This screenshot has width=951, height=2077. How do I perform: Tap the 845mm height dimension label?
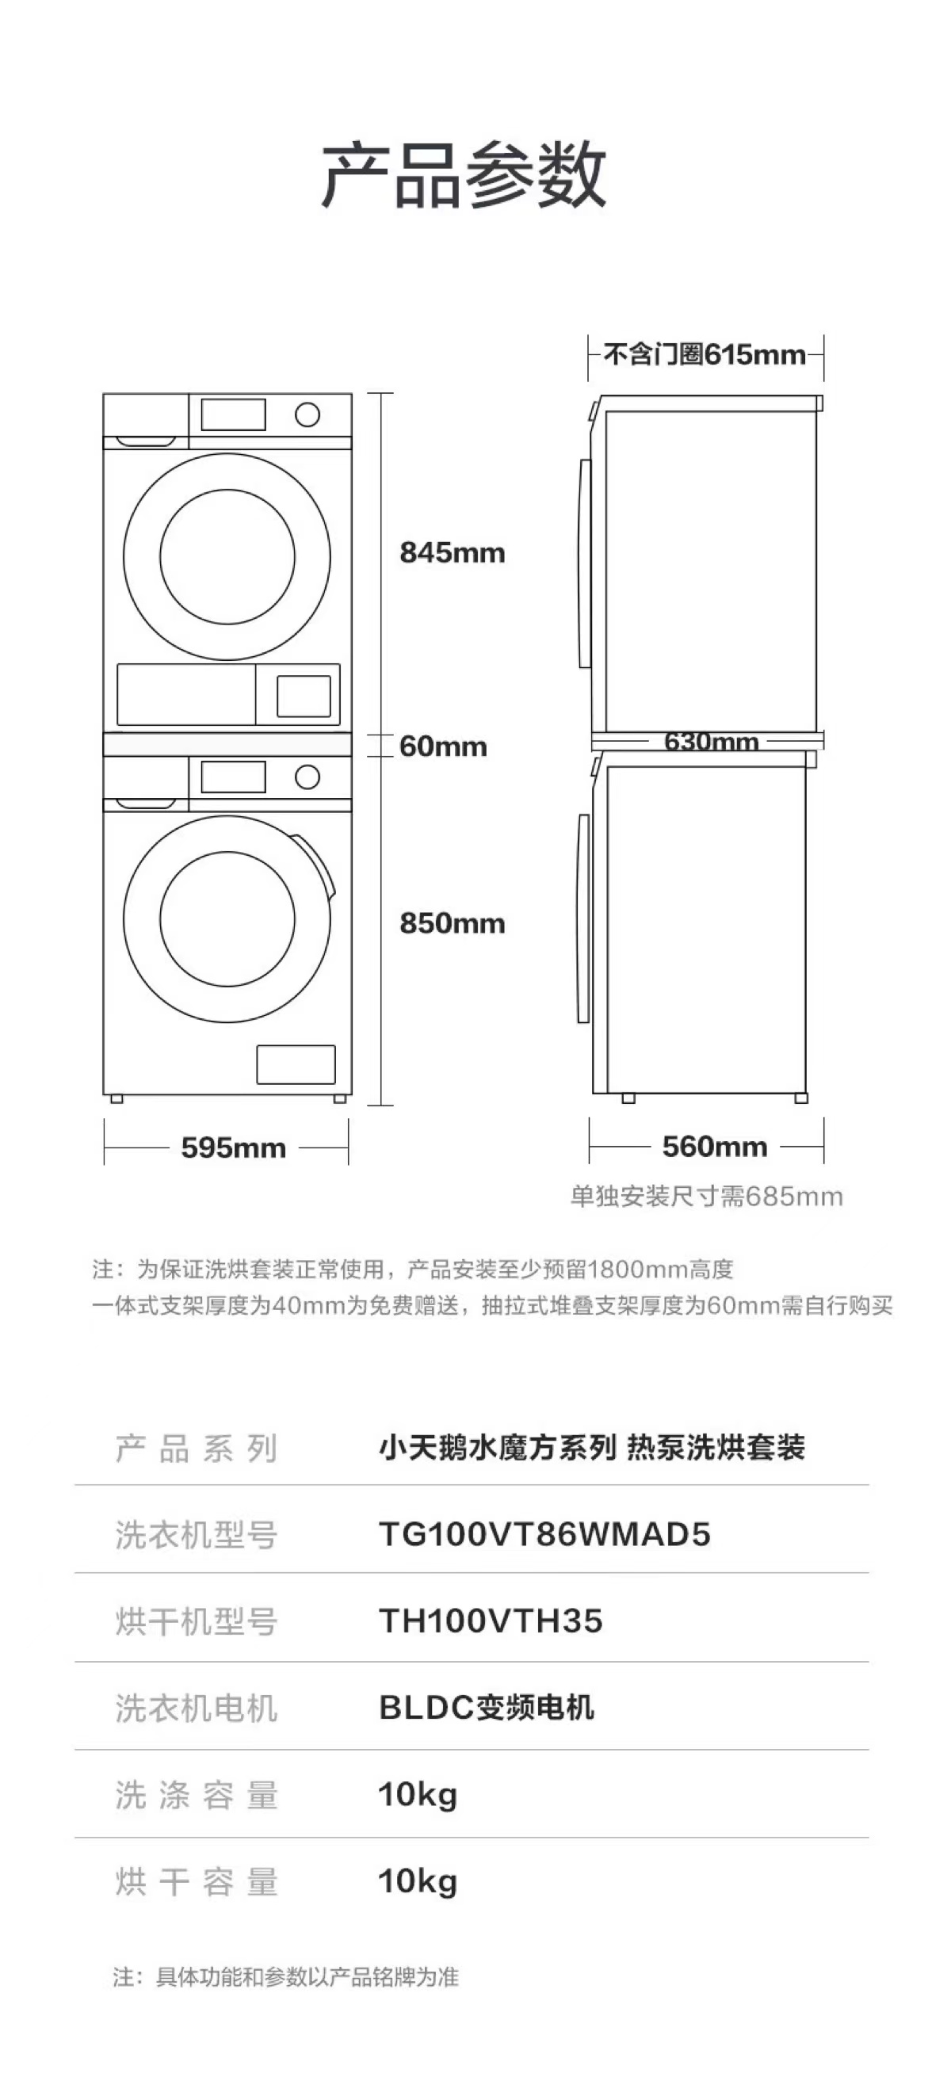pyautogui.click(x=452, y=553)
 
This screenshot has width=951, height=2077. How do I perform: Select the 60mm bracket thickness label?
pyautogui.click(x=443, y=746)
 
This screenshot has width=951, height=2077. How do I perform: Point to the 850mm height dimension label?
pyautogui.click(x=452, y=923)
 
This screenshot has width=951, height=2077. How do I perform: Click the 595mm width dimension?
pyautogui.click(x=233, y=1147)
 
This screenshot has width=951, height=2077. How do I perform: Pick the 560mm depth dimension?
pyautogui.click(x=714, y=1147)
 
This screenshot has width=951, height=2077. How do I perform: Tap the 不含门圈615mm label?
pyautogui.click(x=705, y=355)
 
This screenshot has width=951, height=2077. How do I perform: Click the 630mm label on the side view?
pyautogui.click(x=711, y=741)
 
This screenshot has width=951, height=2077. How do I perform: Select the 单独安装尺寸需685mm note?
pyautogui.click(x=706, y=1197)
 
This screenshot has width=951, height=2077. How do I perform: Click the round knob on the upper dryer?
pyautogui.click(x=307, y=415)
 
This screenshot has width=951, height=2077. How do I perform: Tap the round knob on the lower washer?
pyautogui.click(x=307, y=777)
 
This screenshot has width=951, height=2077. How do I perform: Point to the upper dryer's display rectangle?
pyautogui.click(x=233, y=414)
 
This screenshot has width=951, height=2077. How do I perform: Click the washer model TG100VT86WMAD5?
pyautogui.click(x=544, y=1533)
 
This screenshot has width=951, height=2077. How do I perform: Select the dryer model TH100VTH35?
pyautogui.click(x=491, y=1621)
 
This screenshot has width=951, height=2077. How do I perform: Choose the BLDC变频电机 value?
pyautogui.click(x=487, y=1707)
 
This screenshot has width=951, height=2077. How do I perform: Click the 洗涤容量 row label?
pyautogui.click(x=196, y=1795)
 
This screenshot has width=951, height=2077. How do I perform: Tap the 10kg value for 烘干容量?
pyautogui.click(x=417, y=1882)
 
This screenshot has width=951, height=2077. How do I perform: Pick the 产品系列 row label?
pyautogui.click(x=196, y=1448)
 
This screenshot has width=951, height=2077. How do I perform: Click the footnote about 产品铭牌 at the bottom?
pyautogui.click(x=285, y=1977)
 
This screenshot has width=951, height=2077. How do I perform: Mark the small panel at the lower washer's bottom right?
pyautogui.click(x=296, y=1064)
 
